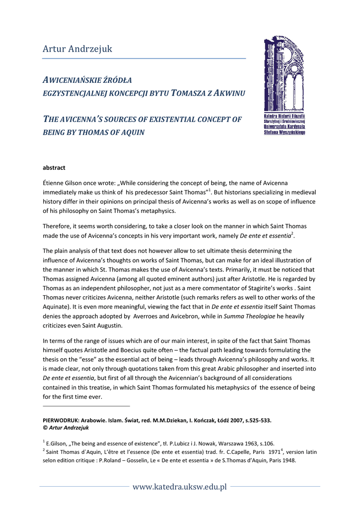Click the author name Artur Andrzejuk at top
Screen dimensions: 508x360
coord(77,49)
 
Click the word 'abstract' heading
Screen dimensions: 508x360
coord(54,168)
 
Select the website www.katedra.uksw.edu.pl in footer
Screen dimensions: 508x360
coord(180,486)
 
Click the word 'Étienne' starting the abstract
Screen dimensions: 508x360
coord(54,183)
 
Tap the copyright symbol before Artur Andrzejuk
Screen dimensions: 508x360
coord(45,428)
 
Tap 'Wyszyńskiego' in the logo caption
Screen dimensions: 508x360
coord(291,132)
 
